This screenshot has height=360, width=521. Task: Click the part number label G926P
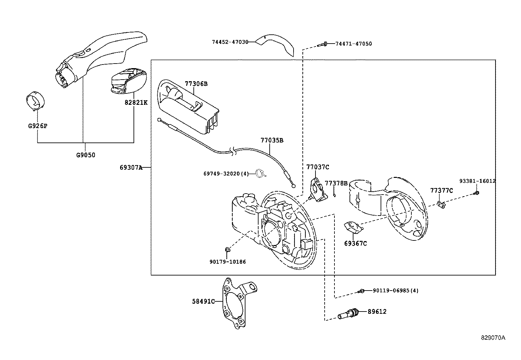[x=37, y=125]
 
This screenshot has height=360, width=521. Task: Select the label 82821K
[x=136, y=103]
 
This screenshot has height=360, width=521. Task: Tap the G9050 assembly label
[x=86, y=155]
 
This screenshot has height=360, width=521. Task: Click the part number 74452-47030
[x=230, y=42]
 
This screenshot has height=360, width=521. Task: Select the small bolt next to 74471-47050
[x=322, y=44]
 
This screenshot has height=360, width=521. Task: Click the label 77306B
[x=196, y=84]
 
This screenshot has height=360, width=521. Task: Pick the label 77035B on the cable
[x=272, y=141]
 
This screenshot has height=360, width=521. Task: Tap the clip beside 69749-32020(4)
[x=260, y=174]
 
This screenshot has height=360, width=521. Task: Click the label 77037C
[x=317, y=167]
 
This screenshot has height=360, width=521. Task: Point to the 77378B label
[x=336, y=183]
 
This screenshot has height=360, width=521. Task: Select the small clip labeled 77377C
[x=441, y=205]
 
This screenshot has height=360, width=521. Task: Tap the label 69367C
[x=355, y=243]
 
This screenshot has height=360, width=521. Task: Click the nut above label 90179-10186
[x=228, y=250]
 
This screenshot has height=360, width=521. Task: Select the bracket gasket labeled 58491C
[x=235, y=303]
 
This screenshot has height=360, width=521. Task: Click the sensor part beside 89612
[x=349, y=313]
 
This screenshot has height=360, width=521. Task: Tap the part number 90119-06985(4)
[x=395, y=291]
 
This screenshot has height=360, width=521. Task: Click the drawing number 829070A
[x=493, y=338]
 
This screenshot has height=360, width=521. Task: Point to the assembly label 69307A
[x=131, y=168]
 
